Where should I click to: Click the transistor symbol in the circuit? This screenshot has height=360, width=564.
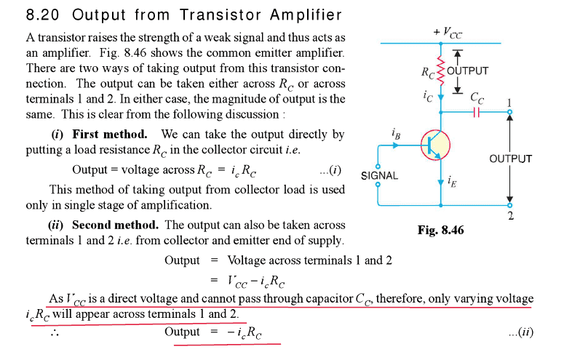pyautogui.click(x=435, y=145)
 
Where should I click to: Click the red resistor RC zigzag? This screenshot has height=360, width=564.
pyautogui.click(x=440, y=71)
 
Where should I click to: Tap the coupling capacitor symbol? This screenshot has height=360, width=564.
pyautogui.click(x=476, y=112)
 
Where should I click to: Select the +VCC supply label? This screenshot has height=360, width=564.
pyautogui.click(x=448, y=33)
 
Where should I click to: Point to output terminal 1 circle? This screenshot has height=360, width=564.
pyautogui.click(x=509, y=112)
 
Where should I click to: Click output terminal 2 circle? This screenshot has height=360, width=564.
pyautogui.click(x=509, y=205)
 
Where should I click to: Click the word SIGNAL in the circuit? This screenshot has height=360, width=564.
pyautogui.click(x=379, y=175)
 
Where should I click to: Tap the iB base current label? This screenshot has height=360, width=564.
pyautogui.click(x=396, y=134)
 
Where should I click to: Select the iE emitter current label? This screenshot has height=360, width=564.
pyautogui.click(x=452, y=182)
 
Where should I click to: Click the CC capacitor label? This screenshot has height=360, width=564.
pyautogui.click(x=477, y=98)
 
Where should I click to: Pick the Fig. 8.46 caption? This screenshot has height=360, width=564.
pyautogui.click(x=440, y=230)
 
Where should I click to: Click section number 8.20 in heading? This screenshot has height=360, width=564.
pyautogui.click(x=42, y=15)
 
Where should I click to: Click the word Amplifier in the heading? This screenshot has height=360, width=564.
pyautogui.click(x=306, y=15)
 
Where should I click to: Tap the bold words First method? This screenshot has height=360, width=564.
pyautogui.click(x=110, y=134)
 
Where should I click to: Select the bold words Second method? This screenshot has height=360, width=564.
pyautogui.click(x=115, y=225)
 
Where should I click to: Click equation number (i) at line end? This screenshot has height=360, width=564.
pyautogui.click(x=330, y=169)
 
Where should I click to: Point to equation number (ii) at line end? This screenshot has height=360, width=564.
pyautogui.click(x=521, y=332)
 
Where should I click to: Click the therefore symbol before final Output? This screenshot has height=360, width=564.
pyautogui.click(x=55, y=332)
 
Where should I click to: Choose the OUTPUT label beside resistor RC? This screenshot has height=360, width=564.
pyautogui.click(x=468, y=71)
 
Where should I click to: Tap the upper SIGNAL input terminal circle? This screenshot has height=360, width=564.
pyautogui.click(x=378, y=166)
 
